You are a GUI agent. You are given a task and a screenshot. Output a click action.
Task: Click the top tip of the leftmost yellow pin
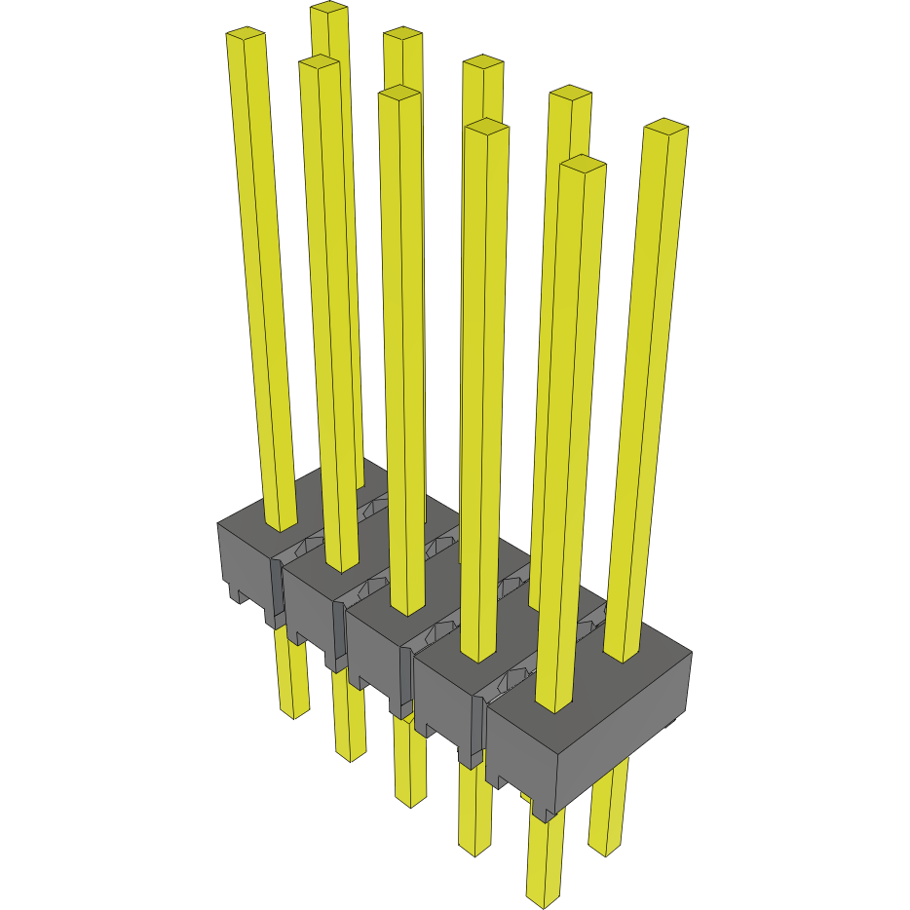pos(246,35)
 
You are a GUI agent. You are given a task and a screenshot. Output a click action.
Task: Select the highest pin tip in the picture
pos(329,9)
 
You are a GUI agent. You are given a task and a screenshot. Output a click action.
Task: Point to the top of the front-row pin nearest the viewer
pos(584,164)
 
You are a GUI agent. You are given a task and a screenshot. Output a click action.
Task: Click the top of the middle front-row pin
pos(399,94)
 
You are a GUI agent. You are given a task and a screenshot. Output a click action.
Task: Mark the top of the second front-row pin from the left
pos(320,62)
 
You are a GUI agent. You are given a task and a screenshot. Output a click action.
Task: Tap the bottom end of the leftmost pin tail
pos(293,711)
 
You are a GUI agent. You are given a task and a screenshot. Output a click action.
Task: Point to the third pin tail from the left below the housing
pos(410,770)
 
